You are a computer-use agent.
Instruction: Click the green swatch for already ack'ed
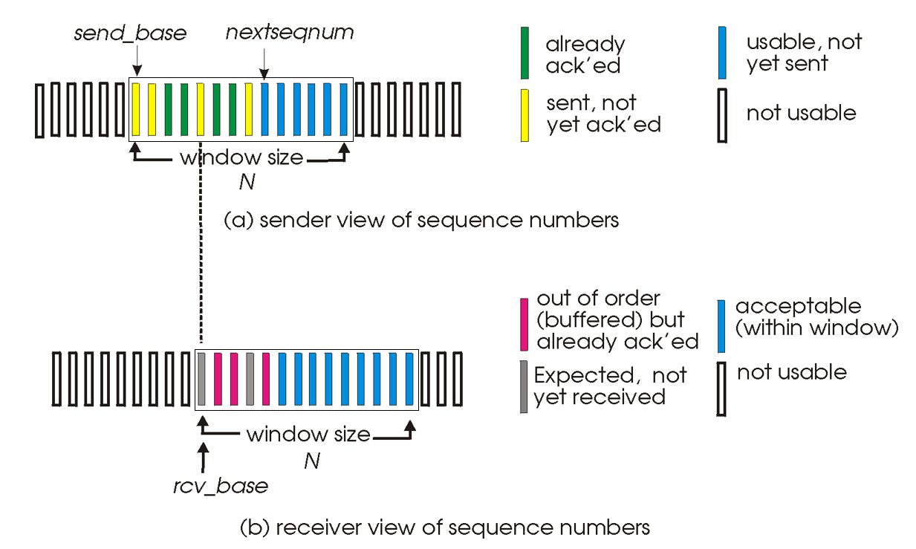[x=524, y=53]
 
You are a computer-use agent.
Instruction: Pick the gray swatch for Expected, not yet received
[x=524, y=386]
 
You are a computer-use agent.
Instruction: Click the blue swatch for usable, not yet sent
[x=724, y=53]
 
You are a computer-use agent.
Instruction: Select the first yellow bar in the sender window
[x=136, y=110]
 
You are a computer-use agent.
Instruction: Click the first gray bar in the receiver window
[x=201, y=379]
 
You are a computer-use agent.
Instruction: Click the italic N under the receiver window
[x=312, y=461]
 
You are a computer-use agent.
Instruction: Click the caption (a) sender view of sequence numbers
[x=421, y=221]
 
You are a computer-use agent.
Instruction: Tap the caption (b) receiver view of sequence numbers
[x=445, y=527]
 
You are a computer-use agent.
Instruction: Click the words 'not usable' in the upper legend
[x=801, y=114]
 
